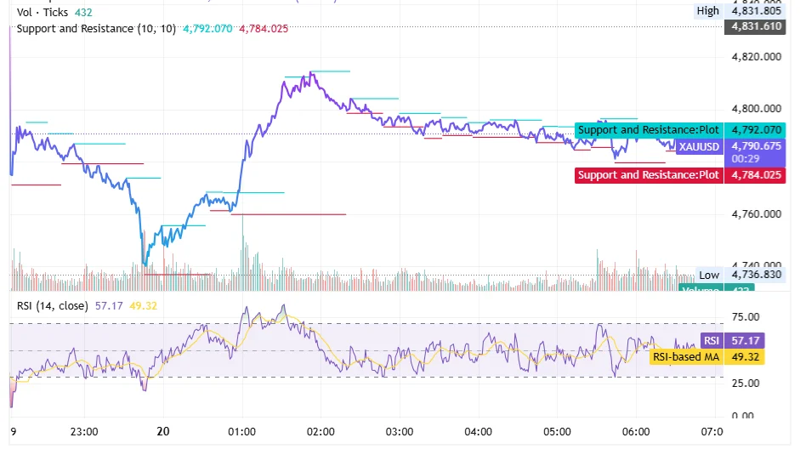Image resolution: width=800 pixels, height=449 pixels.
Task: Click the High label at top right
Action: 707,11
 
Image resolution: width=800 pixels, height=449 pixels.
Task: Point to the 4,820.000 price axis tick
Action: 756,57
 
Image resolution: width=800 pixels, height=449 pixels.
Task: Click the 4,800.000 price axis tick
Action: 756,109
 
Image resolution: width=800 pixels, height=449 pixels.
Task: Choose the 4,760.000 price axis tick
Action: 756,213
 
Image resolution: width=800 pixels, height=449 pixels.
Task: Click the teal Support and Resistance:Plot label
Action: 649,130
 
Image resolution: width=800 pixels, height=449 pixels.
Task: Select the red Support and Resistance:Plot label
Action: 649,175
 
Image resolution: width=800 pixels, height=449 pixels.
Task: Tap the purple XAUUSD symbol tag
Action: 699,146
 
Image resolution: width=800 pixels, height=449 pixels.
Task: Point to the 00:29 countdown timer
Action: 746,158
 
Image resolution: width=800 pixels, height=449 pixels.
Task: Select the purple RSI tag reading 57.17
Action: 711,340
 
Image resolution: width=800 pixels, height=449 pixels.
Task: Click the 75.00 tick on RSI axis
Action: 746,316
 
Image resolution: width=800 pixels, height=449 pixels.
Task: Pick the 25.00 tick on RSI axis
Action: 746,383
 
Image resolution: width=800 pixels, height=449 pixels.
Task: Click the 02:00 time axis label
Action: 321,431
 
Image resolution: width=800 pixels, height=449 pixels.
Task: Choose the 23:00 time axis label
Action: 85,431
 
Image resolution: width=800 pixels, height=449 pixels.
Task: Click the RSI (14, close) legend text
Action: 53,304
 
